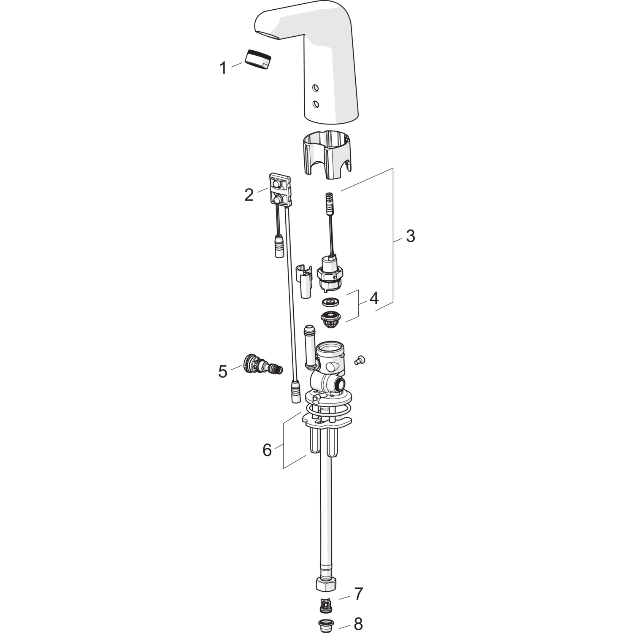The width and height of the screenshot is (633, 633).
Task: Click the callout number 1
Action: pos(223,68)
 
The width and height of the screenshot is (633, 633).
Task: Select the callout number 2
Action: pos(249,195)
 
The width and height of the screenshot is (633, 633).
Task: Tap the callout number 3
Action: pos(410,236)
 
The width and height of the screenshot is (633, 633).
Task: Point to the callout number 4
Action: pos(374,298)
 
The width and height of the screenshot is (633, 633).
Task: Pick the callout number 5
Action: pos(223,371)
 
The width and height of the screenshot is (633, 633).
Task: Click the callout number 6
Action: pos(267,450)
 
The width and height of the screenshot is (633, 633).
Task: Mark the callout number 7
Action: pos(358,594)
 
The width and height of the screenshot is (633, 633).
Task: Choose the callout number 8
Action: pos(358,623)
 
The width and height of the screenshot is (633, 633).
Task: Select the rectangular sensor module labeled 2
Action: pos(279,190)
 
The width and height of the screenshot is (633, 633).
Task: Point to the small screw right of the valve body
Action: pos(360,360)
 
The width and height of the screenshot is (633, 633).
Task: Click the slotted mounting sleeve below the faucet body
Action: pos(327,156)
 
